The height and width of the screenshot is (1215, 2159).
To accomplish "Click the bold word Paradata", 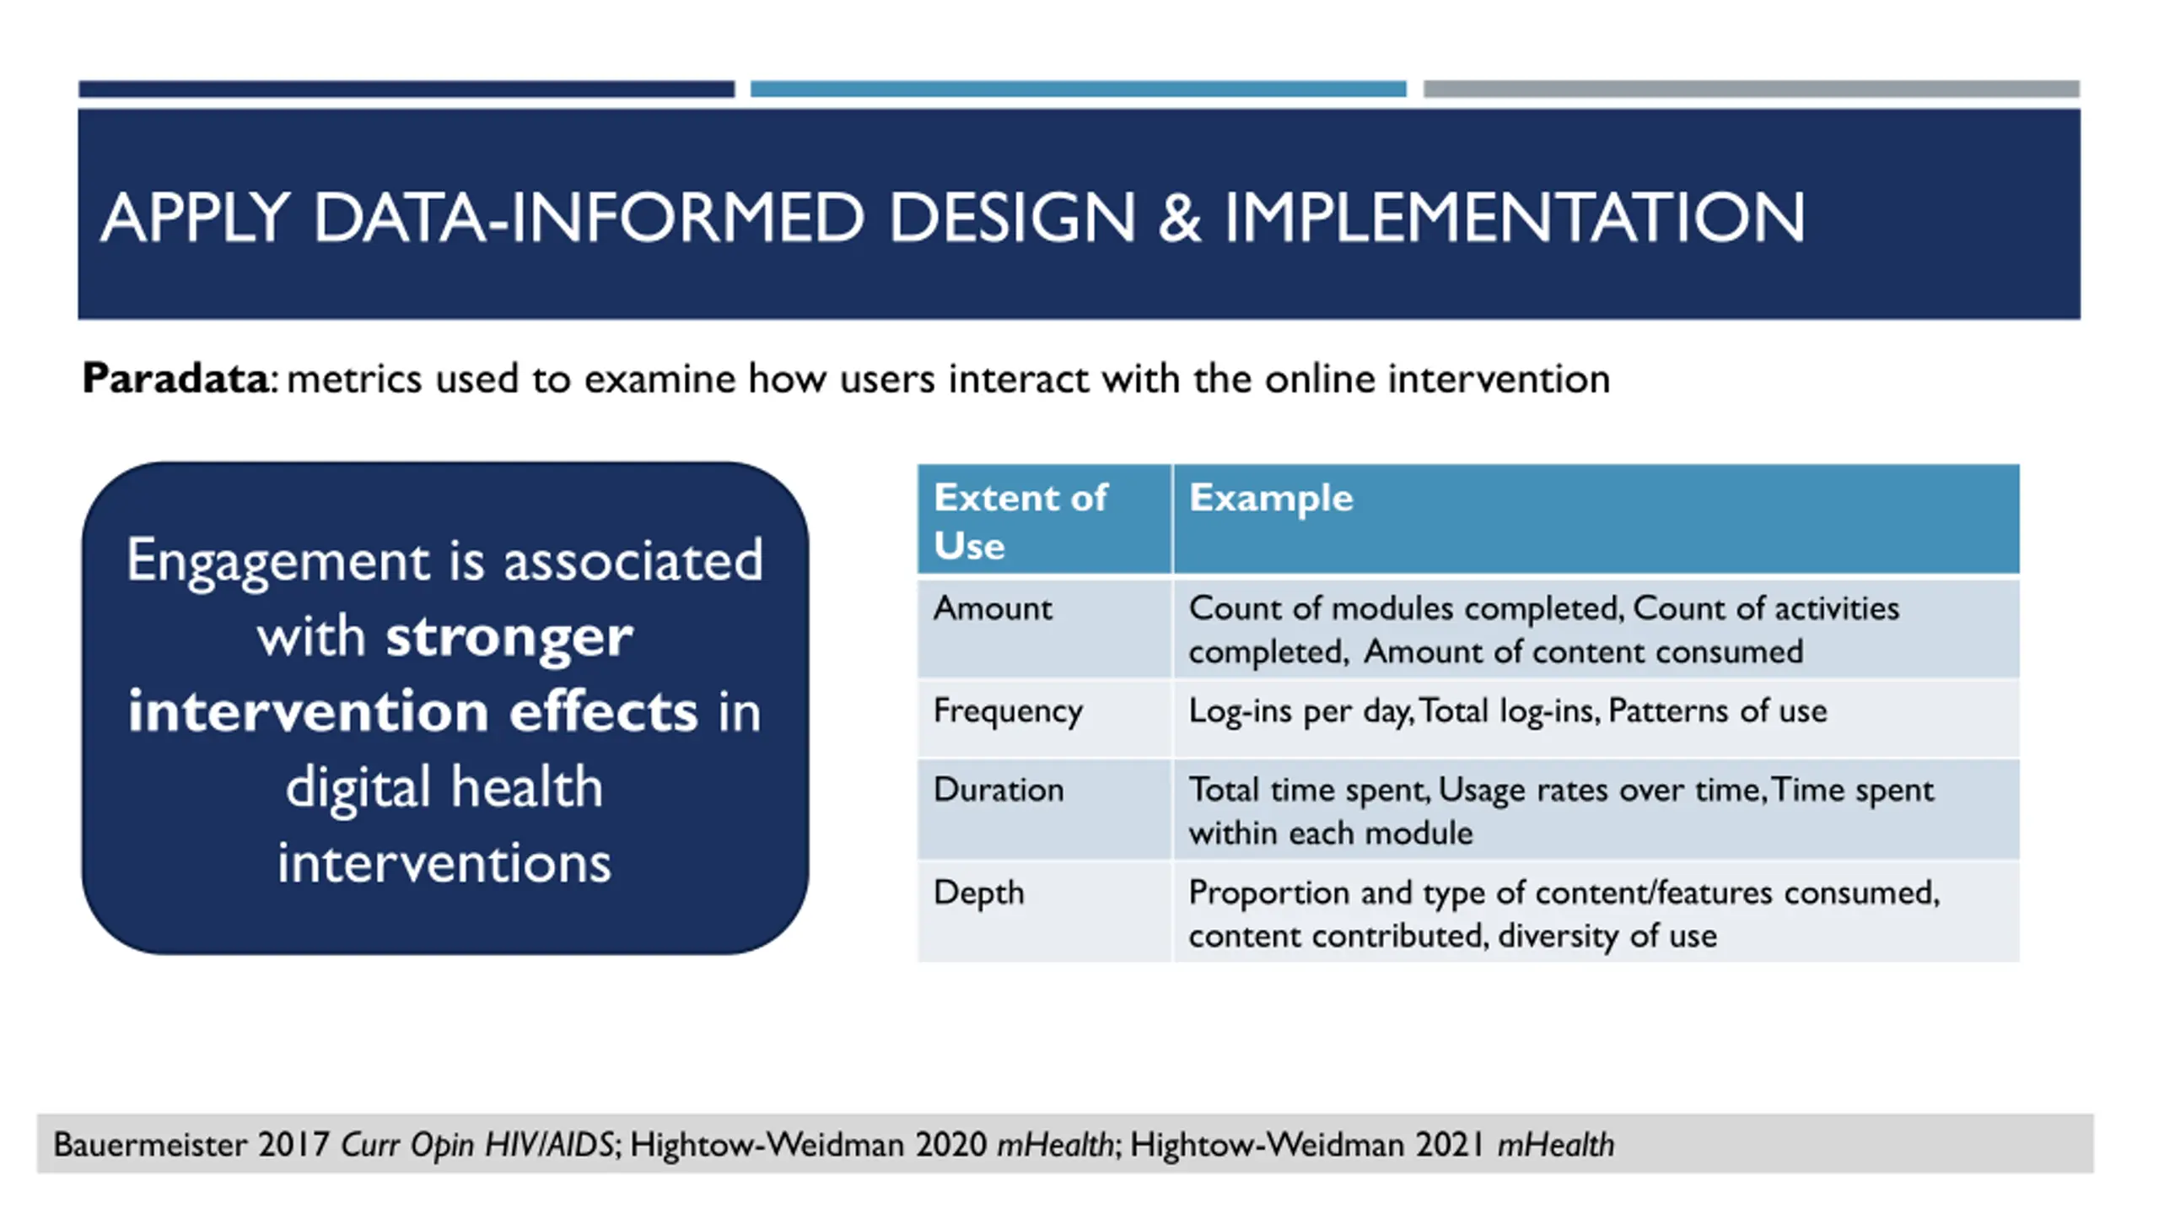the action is [x=175, y=378].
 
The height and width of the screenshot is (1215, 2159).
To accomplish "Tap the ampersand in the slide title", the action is [x=1179, y=218].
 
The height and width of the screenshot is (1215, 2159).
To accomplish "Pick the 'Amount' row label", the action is [x=993, y=608].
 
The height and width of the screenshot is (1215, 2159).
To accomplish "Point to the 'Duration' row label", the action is [x=999, y=790].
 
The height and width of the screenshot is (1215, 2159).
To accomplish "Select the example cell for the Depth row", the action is [x=1564, y=915].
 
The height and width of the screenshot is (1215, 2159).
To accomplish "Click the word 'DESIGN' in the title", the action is [x=1013, y=218].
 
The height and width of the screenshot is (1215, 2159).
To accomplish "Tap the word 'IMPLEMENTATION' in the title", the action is [x=1515, y=218].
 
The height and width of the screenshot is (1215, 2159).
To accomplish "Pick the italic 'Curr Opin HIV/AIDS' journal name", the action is [x=477, y=1145].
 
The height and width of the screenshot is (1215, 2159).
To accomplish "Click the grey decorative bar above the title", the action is [x=1752, y=89].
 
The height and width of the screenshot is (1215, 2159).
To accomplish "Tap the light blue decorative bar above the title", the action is [x=1079, y=89].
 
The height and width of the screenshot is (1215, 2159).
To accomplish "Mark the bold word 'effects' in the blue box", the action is [x=603, y=711].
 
